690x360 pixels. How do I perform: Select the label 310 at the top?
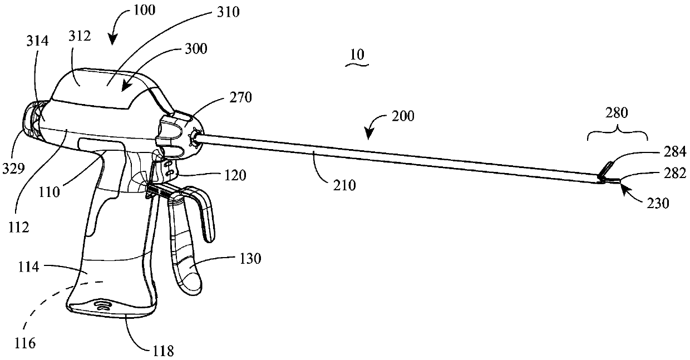pos(227,11)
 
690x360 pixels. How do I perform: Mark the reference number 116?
pos(26,344)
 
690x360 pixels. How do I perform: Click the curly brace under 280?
pos(617,135)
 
